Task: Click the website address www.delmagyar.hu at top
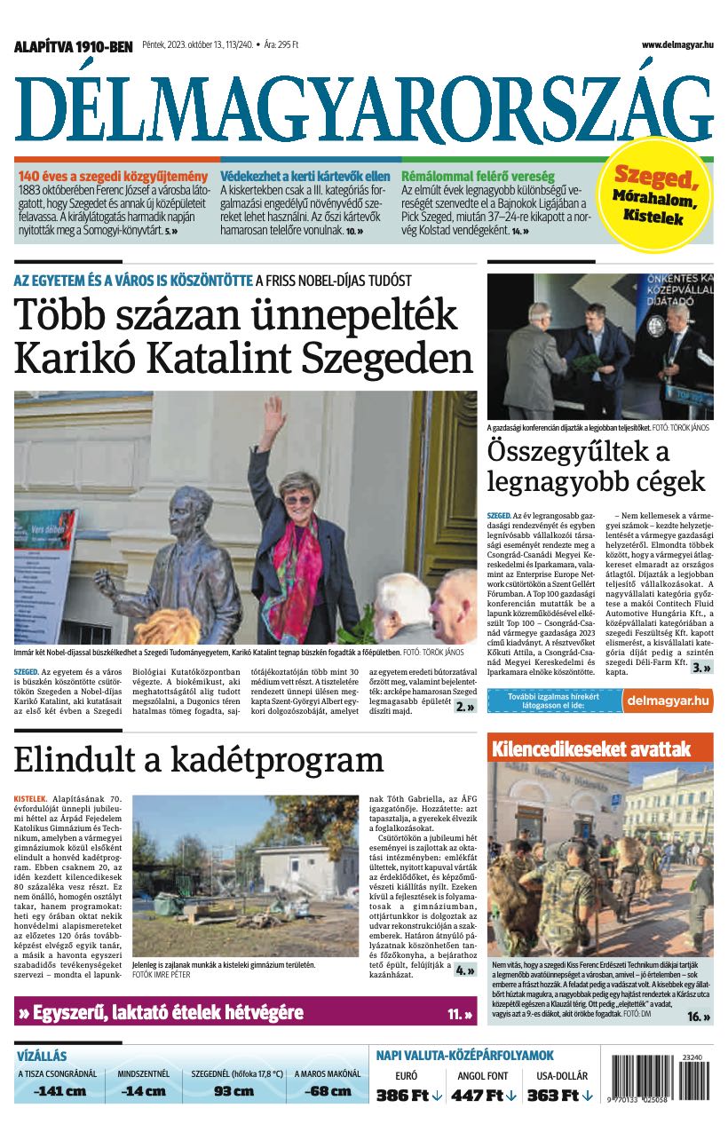[x=677, y=45]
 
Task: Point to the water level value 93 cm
[x=234, y=1091]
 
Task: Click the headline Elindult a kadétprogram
[x=199, y=761]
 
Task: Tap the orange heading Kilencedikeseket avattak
[x=590, y=749]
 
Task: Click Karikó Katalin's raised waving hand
[x=273, y=413]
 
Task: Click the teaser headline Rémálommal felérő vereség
[x=478, y=176]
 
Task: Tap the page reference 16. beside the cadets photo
[x=699, y=1017]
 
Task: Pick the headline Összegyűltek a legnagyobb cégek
[x=596, y=467]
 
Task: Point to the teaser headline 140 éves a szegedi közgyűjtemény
[x=113, y=176]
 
